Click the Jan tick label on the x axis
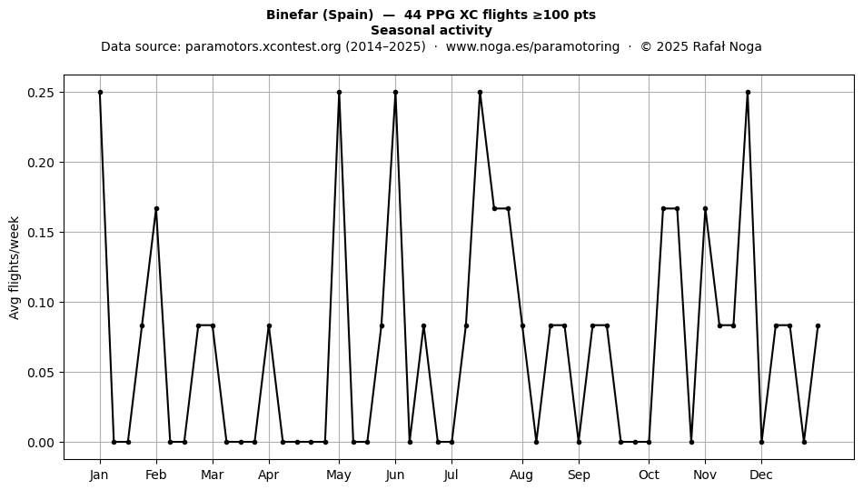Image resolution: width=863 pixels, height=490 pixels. tap(99, 475)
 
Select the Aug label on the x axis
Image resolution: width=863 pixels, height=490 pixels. tap(521, 475)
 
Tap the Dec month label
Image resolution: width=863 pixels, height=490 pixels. tap(761, 475)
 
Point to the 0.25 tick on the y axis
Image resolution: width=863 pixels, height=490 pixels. tap(42, 93)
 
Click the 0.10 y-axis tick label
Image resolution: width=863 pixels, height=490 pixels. tap(42, 302)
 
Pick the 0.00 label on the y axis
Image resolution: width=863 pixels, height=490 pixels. tap(42, 443)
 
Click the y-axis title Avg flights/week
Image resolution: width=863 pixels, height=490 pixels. tap(15, 267)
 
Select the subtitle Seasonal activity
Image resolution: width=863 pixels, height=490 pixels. tap(431, 30)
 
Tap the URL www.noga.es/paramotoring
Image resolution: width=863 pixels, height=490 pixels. tap(532, 46)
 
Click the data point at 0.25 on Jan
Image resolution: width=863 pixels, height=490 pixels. tap(100, 93)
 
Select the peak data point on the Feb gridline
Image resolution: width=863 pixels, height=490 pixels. tap(156, 209)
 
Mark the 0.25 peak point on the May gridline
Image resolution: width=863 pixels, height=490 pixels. tap(339, 93)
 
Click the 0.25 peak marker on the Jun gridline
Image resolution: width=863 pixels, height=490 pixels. tap(395, 93)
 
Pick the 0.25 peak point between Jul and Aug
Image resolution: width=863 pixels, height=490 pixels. tap(480, 93)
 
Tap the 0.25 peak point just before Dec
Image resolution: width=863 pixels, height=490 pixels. tap(748, 93)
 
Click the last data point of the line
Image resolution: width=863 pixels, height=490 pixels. tap(818, 326)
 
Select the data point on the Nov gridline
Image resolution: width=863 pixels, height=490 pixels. tap(705, 209)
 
